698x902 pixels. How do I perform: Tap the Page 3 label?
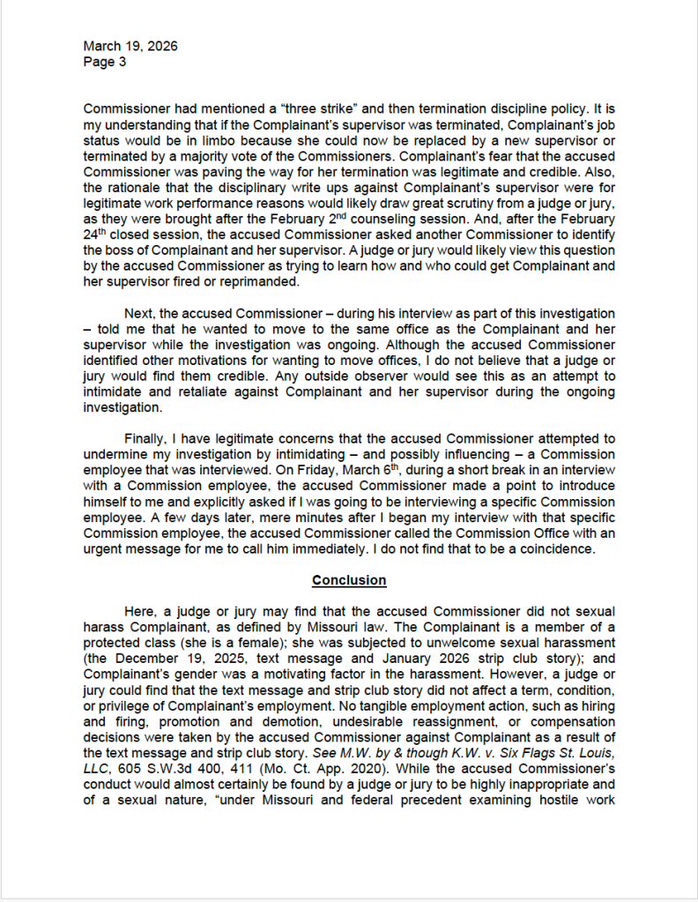tap(105, 61)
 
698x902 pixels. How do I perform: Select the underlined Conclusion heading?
tap(349, 580)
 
